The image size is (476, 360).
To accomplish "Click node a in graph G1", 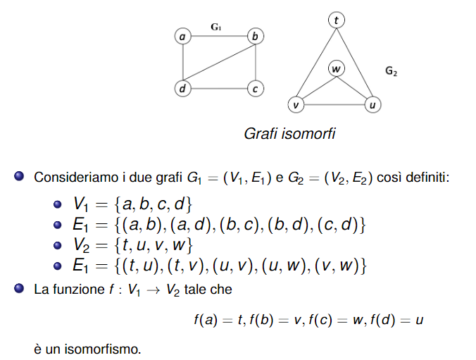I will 183,35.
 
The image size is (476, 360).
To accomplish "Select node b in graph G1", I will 256,35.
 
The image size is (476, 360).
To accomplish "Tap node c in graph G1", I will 256,89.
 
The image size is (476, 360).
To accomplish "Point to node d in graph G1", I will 183,89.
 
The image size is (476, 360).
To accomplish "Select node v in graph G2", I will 296,105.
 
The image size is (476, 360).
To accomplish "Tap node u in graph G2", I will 372,105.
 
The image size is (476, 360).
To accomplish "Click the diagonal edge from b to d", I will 219,62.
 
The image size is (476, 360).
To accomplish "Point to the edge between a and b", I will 219,35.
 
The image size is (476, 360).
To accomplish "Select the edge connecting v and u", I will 334,105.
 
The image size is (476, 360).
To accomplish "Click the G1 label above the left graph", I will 216,27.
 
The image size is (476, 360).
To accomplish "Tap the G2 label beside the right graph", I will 392,71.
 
